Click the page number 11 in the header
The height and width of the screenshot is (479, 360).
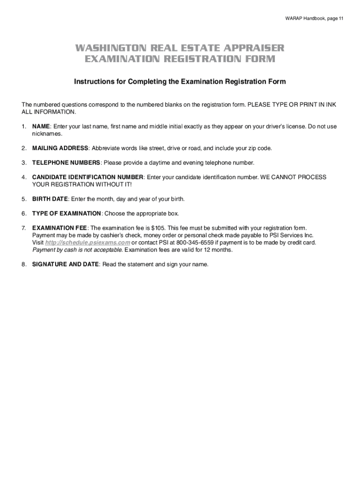(341, 19)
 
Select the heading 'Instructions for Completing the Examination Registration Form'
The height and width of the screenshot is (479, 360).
(180, 82)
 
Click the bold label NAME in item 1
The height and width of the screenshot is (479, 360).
(41, 127)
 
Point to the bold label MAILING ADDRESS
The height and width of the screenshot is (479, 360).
(60, 148)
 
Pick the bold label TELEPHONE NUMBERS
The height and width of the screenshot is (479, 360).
(66, 163)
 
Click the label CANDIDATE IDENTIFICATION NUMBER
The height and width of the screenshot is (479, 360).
(87, 177)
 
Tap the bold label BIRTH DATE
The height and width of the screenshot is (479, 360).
(50, 199)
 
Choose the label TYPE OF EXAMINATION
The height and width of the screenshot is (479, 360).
(66, 213)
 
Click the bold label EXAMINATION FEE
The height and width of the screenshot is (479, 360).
(59, 228)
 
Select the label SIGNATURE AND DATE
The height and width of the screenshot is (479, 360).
(65, 264)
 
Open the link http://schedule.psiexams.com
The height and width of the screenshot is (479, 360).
(87, 243)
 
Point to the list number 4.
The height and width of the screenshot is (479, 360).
(23, 177)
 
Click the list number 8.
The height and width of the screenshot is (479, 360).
(23, 264)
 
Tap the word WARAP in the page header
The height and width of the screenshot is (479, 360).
(293, 19)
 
